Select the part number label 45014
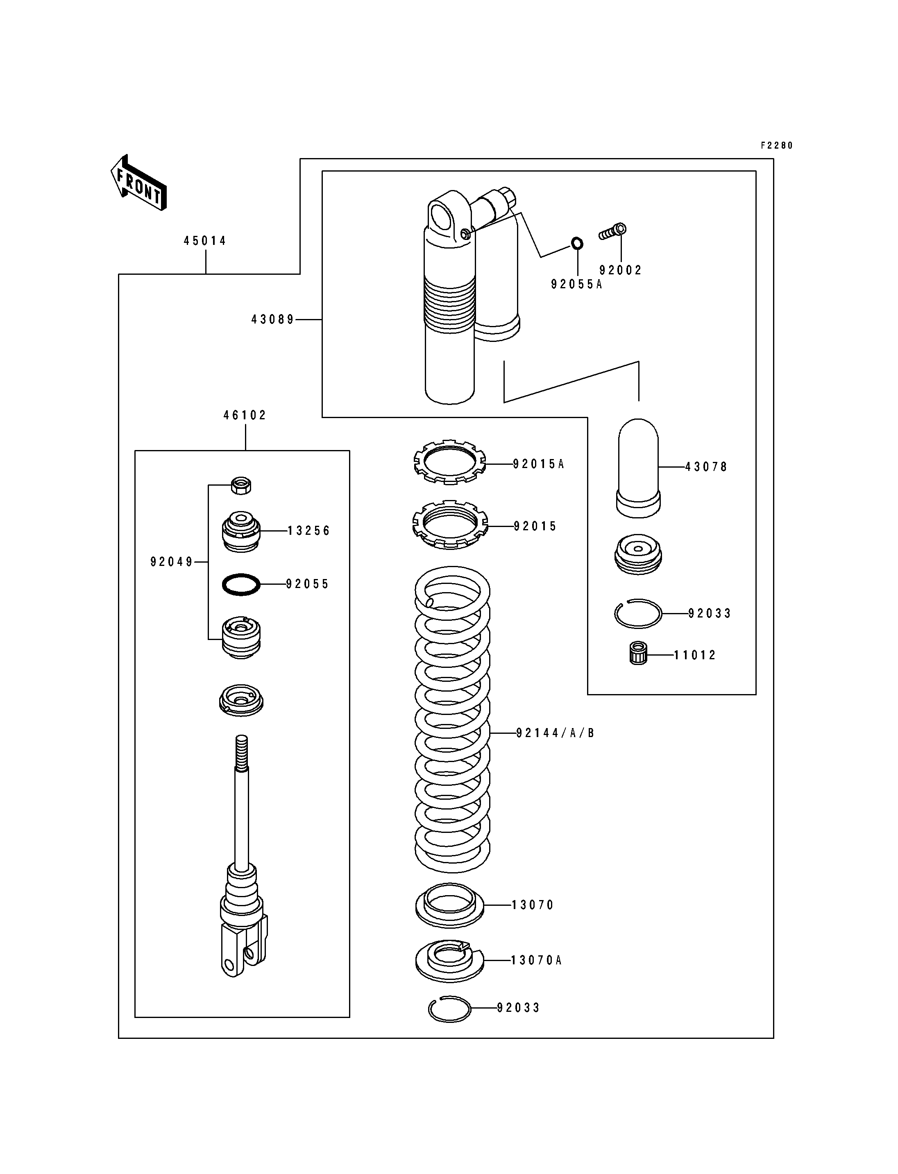(x=205, y=241)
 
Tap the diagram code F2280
(x=777, y=145)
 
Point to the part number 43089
(x=272, y=319)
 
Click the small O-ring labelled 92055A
(x=577, y=244)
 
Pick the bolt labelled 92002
(x=612, y=232)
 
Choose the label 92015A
(x=538, y=464)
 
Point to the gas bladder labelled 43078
(x=638, y=468)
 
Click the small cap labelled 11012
(x=638, y=655)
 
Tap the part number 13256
(x=309, y=531)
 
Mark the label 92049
(x=172, y=562)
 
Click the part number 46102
(x=245, y=415)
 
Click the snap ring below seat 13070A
(x=449, y=1009)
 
